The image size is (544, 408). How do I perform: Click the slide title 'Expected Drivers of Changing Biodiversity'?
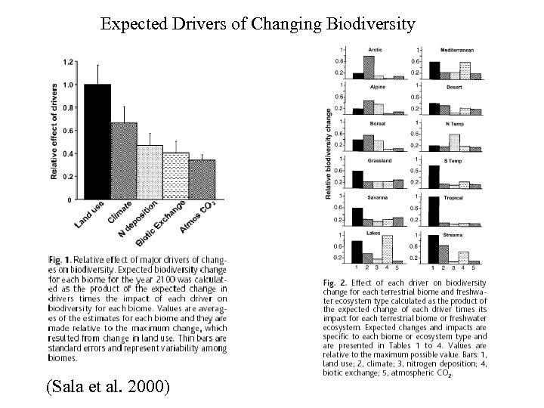click(x=258, y=24)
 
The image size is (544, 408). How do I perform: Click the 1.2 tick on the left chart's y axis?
click(x=69, y=61)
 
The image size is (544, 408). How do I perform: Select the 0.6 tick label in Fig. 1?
click(x=69, y=131)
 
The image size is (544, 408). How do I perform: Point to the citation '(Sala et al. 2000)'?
click(x=108, y=388)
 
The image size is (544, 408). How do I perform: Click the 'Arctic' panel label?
click(x=374, y=50)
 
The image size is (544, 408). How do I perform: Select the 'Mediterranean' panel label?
click(x=457, y=50)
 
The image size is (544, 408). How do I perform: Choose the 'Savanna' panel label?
click(x=377, y=197)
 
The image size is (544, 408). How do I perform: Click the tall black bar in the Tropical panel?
click(x=434, y=212)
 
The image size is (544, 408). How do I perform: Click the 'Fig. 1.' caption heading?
click(x=62, y=259)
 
